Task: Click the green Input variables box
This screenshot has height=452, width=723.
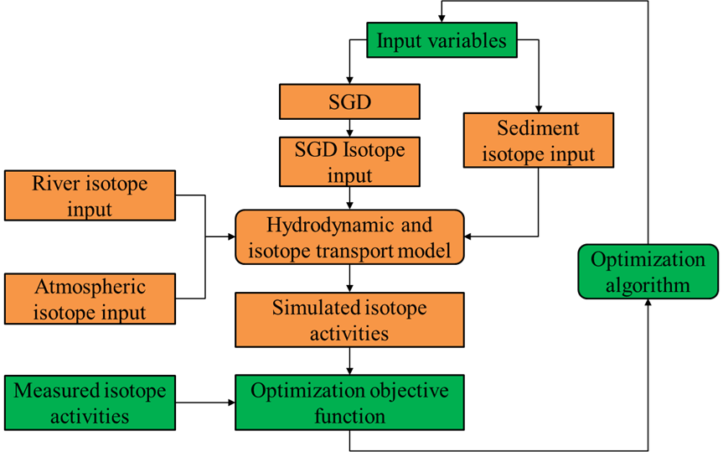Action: tap(442, 40)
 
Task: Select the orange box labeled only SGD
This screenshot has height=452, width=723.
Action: tap(349, 102)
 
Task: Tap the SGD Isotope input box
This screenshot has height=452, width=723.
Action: tap(349, 162)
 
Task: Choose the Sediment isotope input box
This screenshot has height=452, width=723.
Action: tap(539, 140)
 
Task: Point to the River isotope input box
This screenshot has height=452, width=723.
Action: tap(90, 195)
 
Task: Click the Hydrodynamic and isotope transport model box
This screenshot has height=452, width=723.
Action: tap(349, 237)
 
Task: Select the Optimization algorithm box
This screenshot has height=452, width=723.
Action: tap(648, 272)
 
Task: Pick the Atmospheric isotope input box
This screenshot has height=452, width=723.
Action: tap(90, 299)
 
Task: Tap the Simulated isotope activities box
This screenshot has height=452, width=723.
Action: tap(349, 320)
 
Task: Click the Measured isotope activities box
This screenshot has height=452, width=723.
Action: tap(90, 403)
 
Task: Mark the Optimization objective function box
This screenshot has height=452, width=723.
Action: tap(349, 403)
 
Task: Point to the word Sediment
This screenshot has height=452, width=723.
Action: tap(538, 128)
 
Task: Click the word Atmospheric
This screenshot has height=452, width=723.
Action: tap(90, 287)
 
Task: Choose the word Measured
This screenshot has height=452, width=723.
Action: tap(55, 391)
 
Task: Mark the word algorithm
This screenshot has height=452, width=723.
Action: tap(648, 285)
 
